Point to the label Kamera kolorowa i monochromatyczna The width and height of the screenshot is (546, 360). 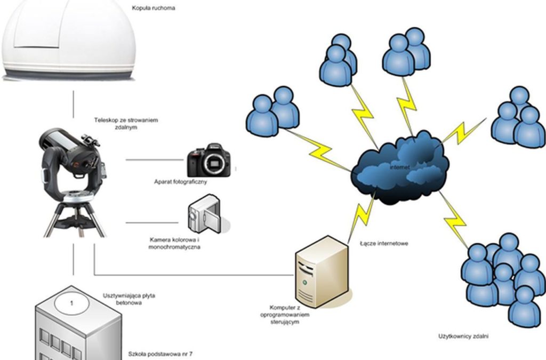(175, 244)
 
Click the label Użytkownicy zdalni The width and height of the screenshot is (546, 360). (463, 337)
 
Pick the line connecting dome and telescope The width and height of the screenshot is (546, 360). (74, 104)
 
